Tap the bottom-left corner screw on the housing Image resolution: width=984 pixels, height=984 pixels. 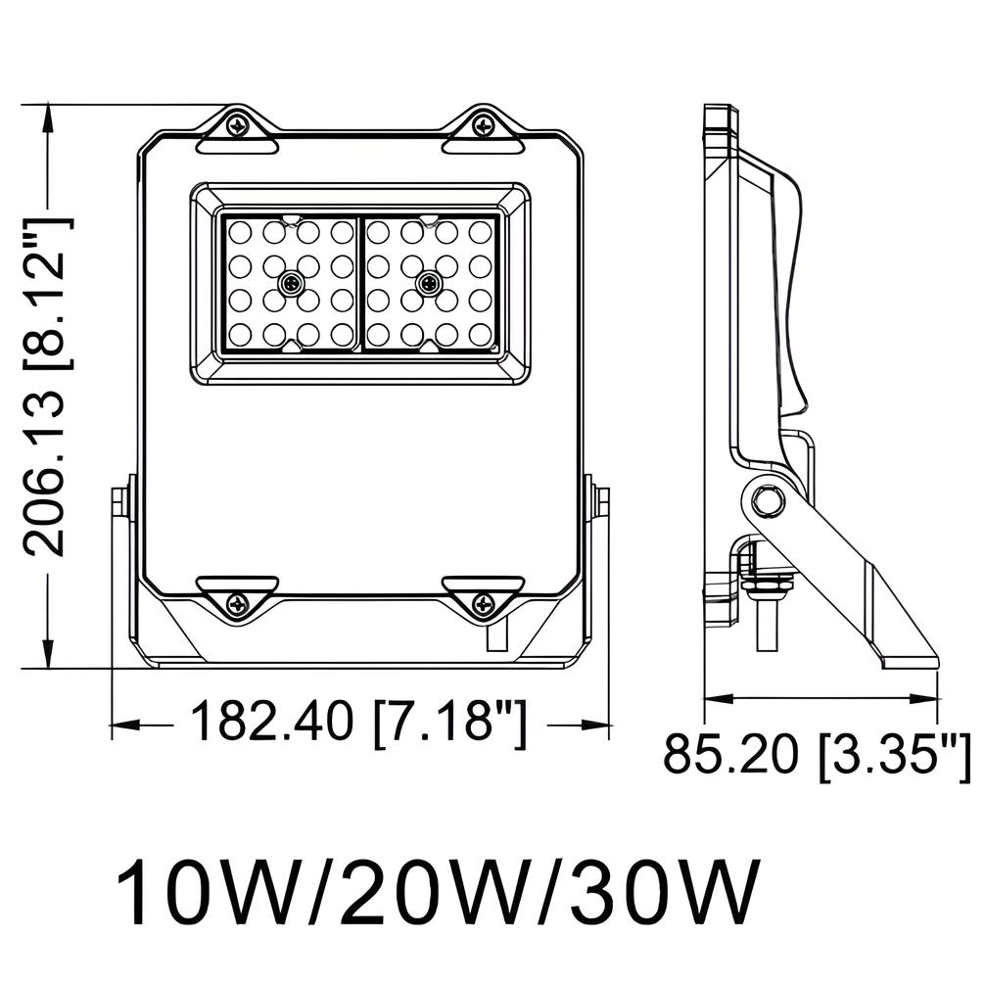[238, 604]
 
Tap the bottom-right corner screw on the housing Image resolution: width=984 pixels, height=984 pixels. [481, 604]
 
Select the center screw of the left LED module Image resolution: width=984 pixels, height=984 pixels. [290, 283]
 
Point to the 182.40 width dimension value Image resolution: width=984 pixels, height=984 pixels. [271, 724]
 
